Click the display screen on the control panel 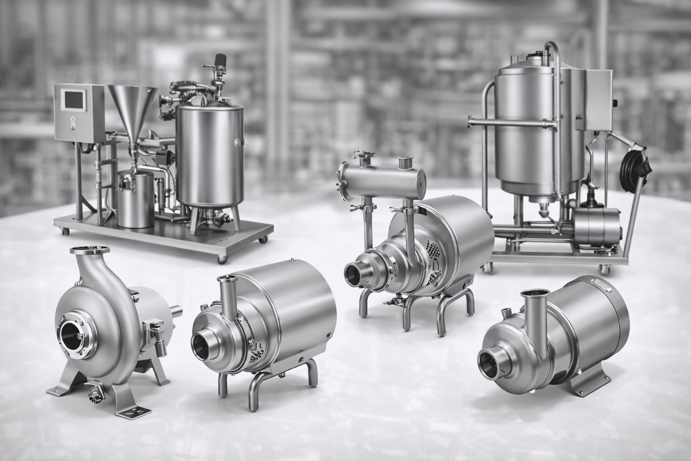point(75,100)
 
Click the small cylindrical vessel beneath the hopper point(135,200)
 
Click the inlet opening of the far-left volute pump point(73,335)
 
